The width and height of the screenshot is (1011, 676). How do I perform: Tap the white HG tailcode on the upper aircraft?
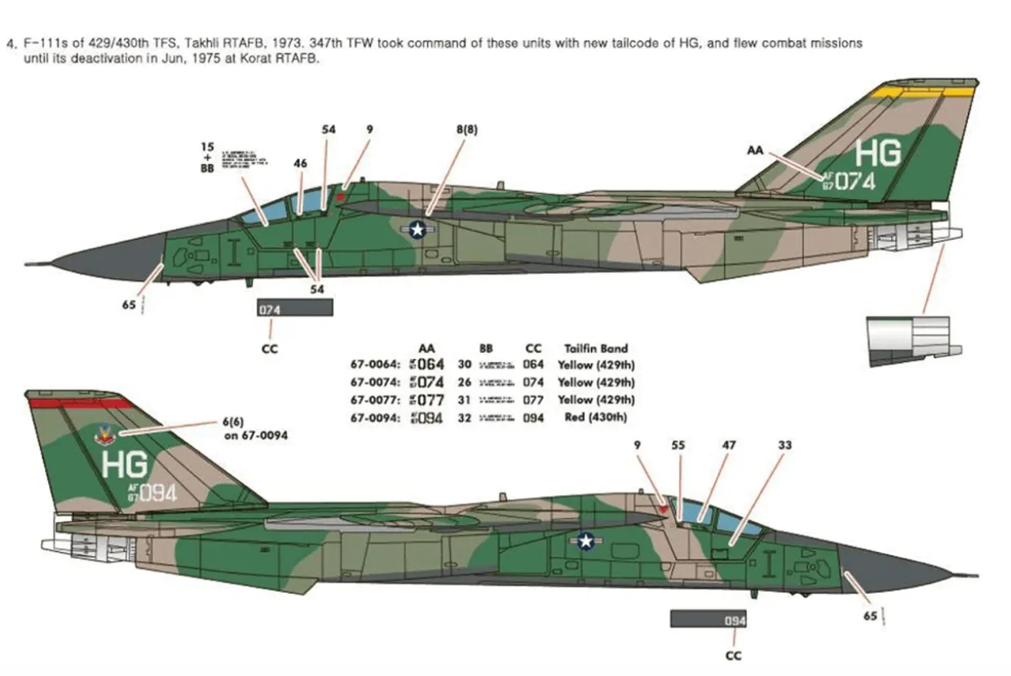tap(879, 153)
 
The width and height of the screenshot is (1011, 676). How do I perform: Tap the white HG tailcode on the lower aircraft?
tap(125, 464)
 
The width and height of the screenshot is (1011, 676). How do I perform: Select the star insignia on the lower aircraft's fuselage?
tap(585, 541)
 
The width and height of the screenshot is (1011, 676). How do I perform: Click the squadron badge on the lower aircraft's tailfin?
tap(105, 436)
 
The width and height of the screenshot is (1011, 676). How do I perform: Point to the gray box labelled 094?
tap(709, 621)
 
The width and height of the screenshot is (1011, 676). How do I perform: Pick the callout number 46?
tap(300, 163)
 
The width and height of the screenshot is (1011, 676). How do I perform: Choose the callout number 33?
tap(784, 445)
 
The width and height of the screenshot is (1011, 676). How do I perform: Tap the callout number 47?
tap(728, 445)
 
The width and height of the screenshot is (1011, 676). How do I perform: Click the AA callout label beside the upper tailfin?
tap(756, 150)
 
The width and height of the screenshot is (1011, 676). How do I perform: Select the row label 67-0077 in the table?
tap(375, 400)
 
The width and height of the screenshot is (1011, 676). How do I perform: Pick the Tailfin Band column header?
tap(596, 348)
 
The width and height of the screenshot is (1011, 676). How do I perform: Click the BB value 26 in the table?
tap(465, 382)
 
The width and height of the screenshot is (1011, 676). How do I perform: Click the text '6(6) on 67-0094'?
tap(254, 429)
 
